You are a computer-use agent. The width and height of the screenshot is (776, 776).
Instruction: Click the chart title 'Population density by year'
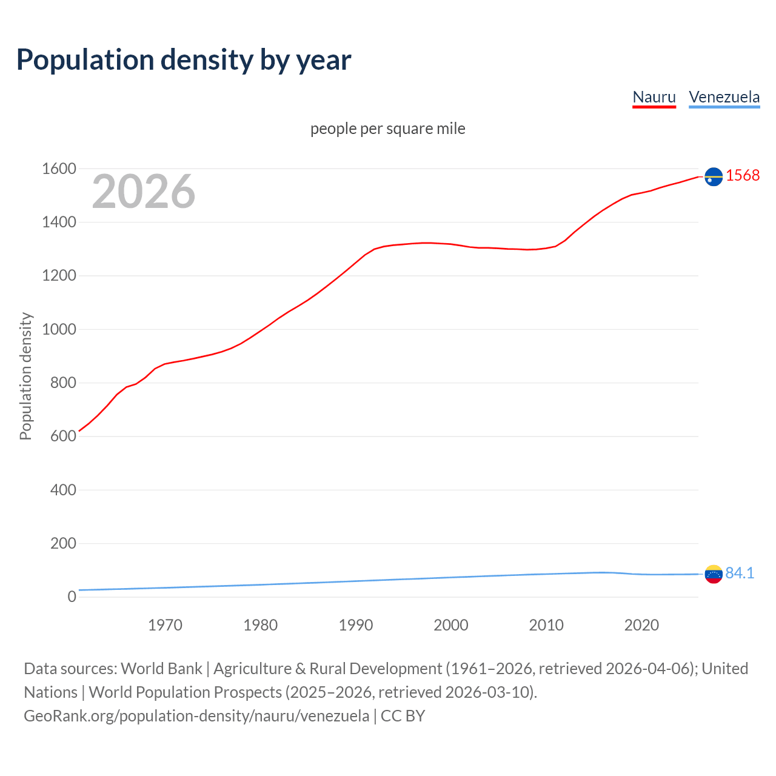[184, 60]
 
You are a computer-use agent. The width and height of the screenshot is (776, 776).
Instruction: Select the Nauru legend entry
[654, 97]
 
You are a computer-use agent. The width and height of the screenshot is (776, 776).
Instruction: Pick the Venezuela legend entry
[724, 97]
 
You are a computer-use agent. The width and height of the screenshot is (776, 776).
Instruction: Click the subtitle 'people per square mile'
[387, 129]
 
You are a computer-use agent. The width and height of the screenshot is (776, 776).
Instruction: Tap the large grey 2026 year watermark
[144, 192]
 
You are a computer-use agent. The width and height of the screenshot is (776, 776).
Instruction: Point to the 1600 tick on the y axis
[59, 169]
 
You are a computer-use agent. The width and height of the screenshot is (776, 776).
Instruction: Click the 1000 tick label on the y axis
[59, 329]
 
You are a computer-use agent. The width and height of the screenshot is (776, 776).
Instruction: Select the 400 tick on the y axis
[63, 490]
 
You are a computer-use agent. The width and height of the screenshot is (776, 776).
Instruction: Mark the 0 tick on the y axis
[72, 597]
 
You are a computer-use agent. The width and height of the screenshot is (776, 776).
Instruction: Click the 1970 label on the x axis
[165, 625]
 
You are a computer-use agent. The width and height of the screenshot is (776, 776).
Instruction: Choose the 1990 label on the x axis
[356, 625]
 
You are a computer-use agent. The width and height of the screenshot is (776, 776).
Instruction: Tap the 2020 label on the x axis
[641, 625]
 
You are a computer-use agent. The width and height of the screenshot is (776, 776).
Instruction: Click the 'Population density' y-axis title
[25, 376]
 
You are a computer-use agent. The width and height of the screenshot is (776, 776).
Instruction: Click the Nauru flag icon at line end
[714, 176]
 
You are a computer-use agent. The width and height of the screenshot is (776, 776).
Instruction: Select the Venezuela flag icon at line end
[714, 574]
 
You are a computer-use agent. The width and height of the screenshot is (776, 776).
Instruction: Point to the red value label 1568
[743, 175]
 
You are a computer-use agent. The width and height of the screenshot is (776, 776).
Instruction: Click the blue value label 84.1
[740, 573]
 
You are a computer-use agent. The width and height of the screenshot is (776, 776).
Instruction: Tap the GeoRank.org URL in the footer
[196, 715]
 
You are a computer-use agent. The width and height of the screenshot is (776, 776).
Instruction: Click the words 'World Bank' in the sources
[161, 668]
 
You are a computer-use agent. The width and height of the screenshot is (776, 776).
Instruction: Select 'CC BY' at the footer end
[403, 715]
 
